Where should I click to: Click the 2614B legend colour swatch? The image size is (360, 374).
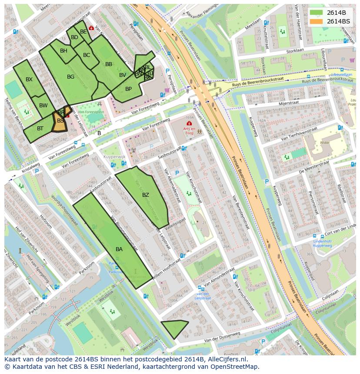(317, 12)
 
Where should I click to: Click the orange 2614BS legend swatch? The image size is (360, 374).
(317, 21)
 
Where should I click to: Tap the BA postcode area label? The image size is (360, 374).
(119, 249)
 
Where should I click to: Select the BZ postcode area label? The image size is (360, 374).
(146, 195)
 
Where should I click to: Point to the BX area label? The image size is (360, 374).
(29, 79)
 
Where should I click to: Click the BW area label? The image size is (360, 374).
(43, 106)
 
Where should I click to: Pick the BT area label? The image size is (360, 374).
(40, 128)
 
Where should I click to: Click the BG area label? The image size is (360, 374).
(70, 77)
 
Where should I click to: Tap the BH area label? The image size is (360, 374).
(63, 51)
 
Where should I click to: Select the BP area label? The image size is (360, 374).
(128, 89)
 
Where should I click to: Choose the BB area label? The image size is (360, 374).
(109, 64)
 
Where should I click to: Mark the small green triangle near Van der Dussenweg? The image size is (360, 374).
(173, 328)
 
